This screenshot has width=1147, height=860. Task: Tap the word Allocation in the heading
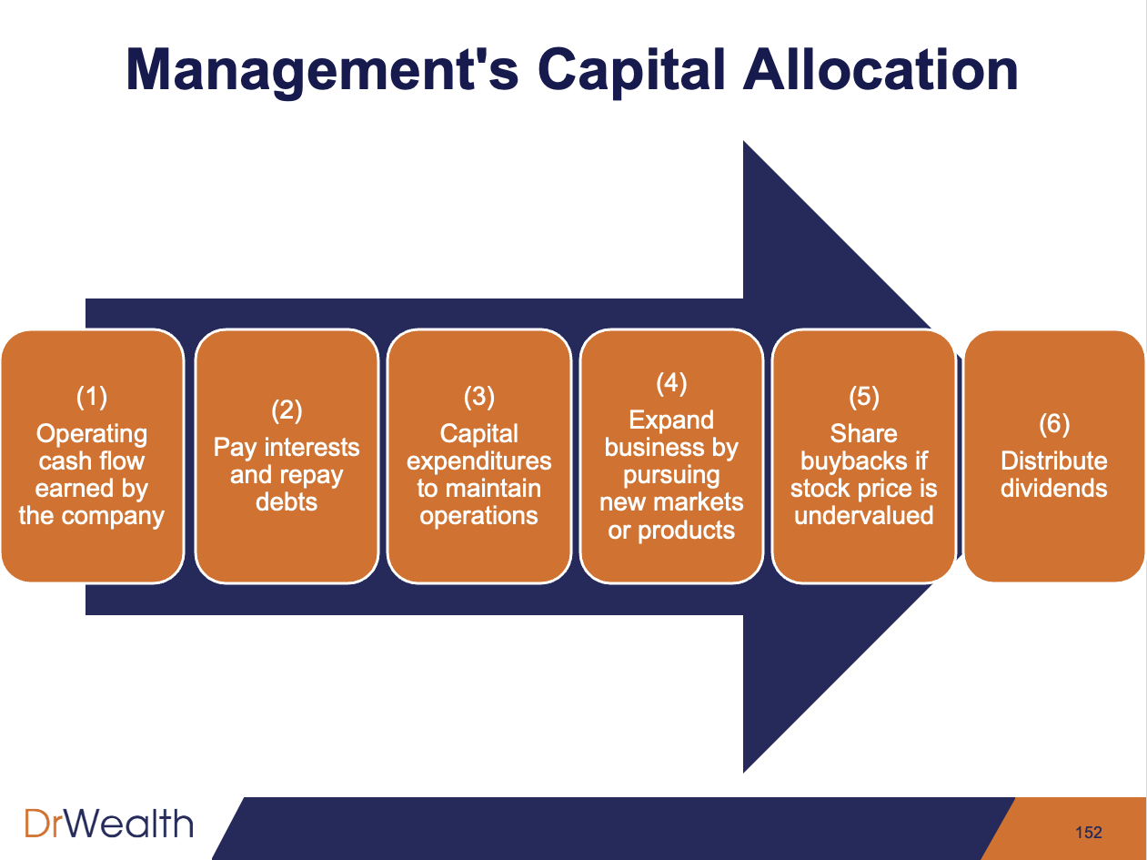(x=880, y=70)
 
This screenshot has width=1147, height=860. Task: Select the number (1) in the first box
(x=92, y=397)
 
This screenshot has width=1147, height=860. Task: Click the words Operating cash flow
(x=92, y=448)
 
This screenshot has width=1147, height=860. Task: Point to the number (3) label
(x=479, y=397)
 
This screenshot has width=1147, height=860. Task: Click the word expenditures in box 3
(x=479, y=461)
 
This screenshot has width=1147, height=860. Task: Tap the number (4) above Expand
(x=671, y=383)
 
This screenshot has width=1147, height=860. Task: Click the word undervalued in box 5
(x=863, y=516)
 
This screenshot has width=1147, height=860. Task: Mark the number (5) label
(x=863, y=397)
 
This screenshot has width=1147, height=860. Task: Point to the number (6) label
(x=1054, y=424)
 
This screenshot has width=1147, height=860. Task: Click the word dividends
(x=1054, y=489)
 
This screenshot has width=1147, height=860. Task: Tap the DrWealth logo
(x=108, y=825)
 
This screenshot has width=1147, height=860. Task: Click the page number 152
(x=1088, y=832)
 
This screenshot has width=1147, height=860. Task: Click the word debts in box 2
(x=287, y=502)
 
